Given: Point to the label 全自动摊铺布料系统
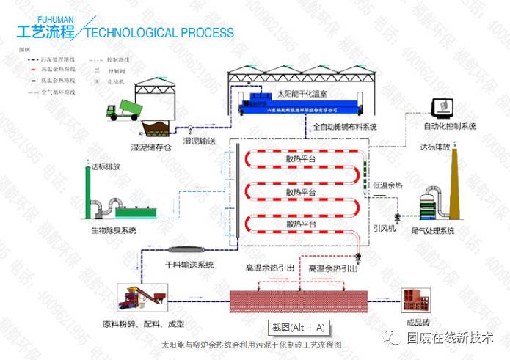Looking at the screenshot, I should [x=344, y=127].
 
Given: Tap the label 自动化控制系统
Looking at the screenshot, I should [x=449, y=127].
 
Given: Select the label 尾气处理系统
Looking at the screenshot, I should [x=431, y=231].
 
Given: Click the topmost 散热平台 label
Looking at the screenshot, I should [x=301, y=158].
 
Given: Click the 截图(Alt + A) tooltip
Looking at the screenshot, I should [x=297, y=327].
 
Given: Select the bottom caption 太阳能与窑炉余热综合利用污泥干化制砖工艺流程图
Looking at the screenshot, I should [x=252, y=343].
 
